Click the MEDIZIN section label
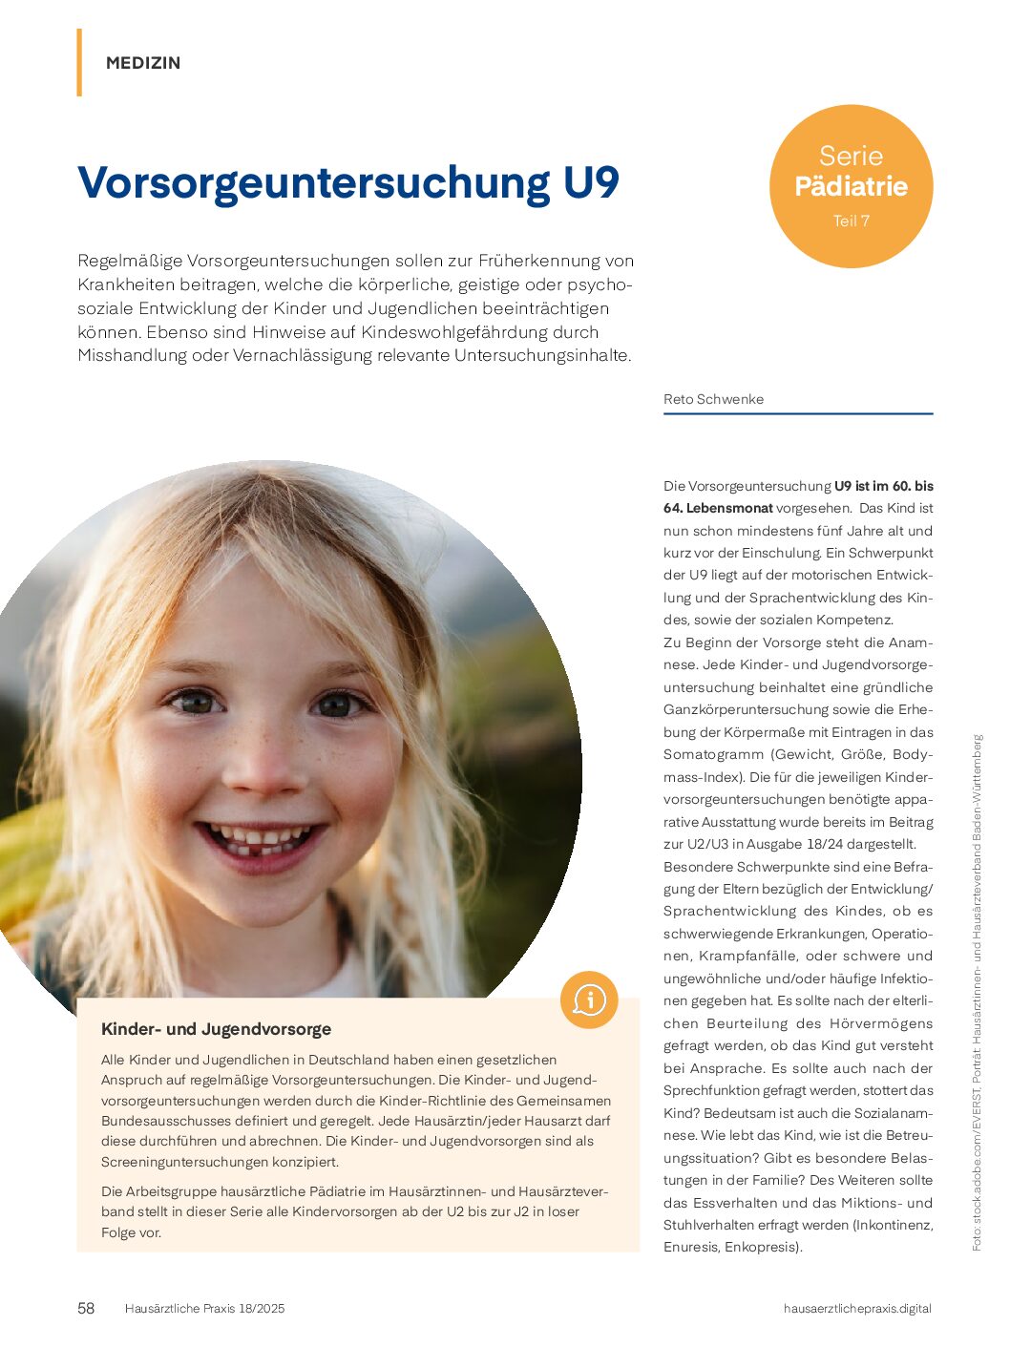coord(143,63)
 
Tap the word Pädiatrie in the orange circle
coord(851,186)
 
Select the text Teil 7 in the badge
coord(851,221)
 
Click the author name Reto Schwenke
coord(713,399)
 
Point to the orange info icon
coord(589,1000)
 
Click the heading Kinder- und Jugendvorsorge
coord(217,1029)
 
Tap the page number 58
coord(86,1308)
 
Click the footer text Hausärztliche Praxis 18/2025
coord(204,1308)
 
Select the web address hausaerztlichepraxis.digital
coord(856,1308)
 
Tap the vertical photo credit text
coord(977,993)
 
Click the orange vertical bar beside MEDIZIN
coord(79,63)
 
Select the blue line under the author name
coord(798,414)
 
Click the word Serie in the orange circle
coord(851,156)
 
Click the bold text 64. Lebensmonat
coord(718,508)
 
